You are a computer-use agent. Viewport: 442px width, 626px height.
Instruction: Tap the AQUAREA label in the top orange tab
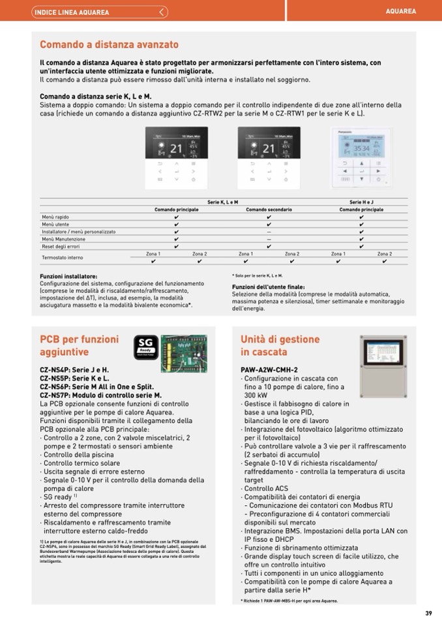coord(401,12)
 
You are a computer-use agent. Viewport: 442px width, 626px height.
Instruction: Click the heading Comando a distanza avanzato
coord(109,45)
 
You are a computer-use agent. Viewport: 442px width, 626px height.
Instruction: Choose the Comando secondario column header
coord(269,210)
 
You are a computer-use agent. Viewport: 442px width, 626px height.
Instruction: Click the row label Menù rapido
coord(55,217)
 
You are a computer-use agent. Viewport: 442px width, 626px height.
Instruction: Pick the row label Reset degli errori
coord(61,247)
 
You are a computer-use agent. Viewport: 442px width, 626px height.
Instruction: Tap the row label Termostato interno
coord(63,258)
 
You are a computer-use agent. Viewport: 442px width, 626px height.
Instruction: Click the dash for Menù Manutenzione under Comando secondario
coord(269,240)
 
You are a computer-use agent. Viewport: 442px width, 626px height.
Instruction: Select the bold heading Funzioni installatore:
coord(68,276)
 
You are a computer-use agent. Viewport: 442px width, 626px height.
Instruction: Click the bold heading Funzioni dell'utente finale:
coord(268,287)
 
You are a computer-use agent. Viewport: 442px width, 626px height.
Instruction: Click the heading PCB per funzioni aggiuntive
coord(80,345)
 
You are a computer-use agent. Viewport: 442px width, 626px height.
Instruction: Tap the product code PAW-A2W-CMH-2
coord(269,370)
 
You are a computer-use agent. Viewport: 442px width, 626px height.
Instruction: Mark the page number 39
coord(428,612)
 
